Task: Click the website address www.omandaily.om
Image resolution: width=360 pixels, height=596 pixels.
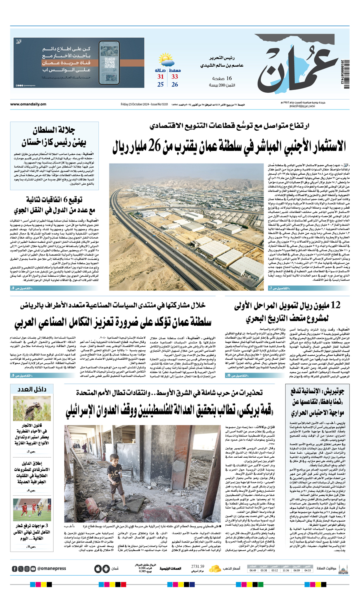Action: (x=28, y=104)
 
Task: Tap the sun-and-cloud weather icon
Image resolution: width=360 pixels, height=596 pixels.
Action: (x=166, y=62)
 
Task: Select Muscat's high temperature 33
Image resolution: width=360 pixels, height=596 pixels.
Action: (x=175, y=76)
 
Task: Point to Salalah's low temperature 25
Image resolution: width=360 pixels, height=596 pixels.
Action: (x=160, y=84)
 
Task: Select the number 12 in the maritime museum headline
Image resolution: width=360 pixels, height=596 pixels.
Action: (x=323, y=305)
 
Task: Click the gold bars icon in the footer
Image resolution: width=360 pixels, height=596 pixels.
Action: (x=215, y=568)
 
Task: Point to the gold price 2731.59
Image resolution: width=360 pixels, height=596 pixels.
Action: (x=198, y=566)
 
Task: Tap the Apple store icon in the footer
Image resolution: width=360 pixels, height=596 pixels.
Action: (x=98, y=568)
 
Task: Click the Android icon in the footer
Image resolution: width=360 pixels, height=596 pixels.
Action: (x=106, y=568)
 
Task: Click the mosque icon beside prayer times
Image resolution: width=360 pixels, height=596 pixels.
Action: (x=342, y=568)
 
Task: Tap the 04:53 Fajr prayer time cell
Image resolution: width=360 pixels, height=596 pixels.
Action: (x=308, y=570)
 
